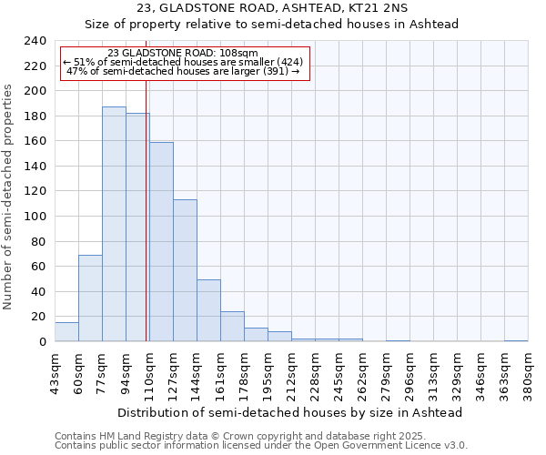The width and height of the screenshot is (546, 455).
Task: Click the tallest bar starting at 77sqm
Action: click(114, 224)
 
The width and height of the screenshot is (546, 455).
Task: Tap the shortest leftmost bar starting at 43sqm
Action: click(66, 332)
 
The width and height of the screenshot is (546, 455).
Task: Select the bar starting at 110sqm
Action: click(161, 241)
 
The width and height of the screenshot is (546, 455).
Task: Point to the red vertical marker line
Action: click(147, 209)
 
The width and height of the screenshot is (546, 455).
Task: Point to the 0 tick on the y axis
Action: click(42, 341)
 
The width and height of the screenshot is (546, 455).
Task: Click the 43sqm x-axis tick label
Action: click(55, 373)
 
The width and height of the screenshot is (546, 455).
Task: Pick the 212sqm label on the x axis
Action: click(291, 373)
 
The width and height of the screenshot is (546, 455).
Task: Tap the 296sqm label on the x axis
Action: click(409, 373)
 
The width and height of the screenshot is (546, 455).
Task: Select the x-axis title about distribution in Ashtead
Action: click(291, 412)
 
